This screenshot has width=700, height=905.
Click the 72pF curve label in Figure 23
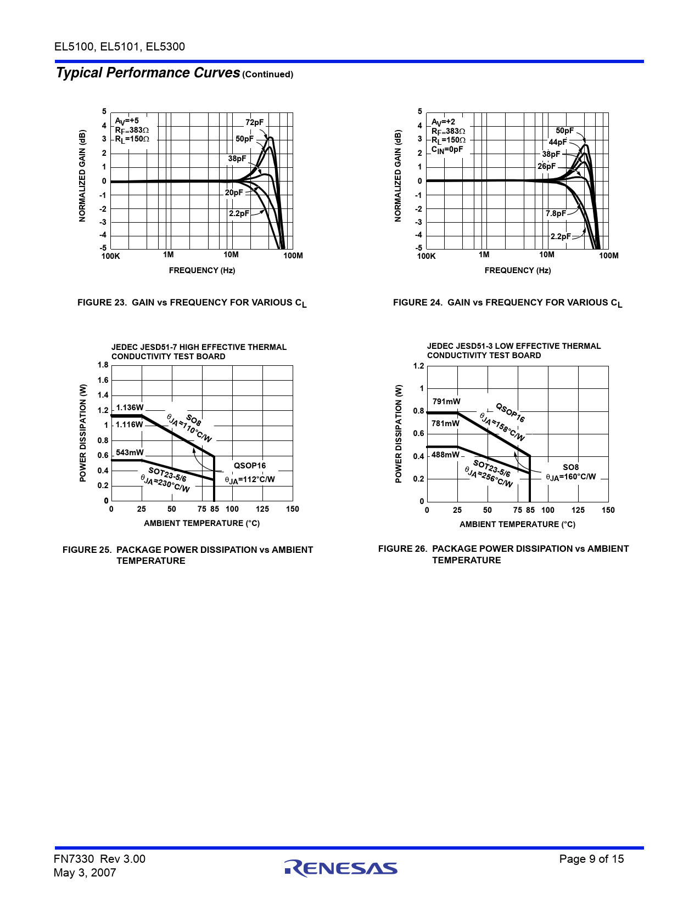[x=254, y=122]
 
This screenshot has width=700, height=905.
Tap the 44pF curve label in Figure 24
[x=558, y=142]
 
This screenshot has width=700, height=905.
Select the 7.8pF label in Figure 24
[x=555, y=213]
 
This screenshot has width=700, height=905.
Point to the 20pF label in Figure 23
[x=233, y=193]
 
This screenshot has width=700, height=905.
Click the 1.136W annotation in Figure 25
[x=130, y=408]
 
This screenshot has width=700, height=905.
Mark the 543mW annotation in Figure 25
[x=130, y=452]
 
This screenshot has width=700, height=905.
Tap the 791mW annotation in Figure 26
[x=446, y=401]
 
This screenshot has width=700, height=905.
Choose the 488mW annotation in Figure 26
[x=445, y=455]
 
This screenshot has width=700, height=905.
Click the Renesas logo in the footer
[x=341, y=868]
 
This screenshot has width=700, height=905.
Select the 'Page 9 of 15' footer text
[x=591, y=859]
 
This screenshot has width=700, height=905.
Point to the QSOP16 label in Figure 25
[x=250, y=466]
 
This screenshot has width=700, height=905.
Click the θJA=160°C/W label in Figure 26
[x=570, y=477]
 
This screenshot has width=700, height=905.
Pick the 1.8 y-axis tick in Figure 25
[x=103, y=365]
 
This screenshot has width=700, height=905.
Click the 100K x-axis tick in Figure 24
[x=426, y=256]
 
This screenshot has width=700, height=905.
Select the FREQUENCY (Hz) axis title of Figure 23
[x=202, y=270]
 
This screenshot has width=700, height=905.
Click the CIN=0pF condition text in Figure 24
[x=447, y=150]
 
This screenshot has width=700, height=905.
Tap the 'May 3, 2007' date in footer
[x=85, y=873]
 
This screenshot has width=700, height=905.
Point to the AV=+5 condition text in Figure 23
[x=127, y=121]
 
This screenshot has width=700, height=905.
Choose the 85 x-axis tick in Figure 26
[x=530, y=510]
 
